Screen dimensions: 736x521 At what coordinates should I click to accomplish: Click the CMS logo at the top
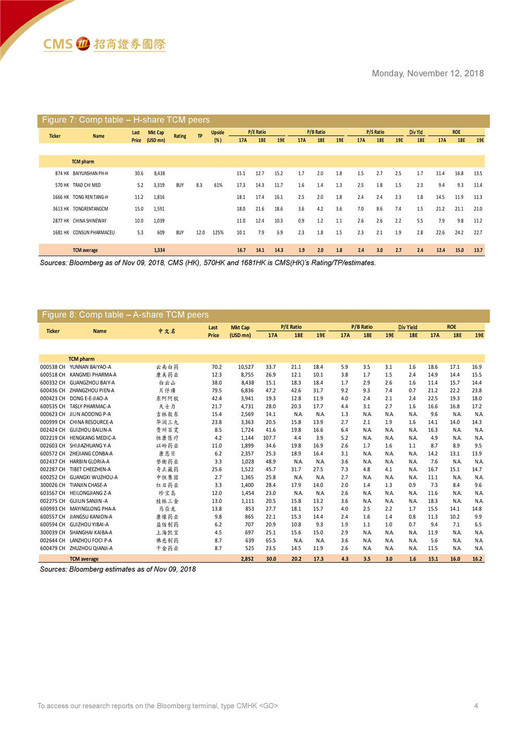pos(104,44)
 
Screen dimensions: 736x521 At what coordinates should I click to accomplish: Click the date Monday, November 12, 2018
pos(427,73)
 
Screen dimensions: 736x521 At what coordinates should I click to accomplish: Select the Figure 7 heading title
pos(126,120)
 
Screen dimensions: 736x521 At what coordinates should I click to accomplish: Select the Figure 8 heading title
pos(125,315)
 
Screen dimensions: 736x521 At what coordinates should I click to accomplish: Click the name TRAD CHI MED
pos(87,185)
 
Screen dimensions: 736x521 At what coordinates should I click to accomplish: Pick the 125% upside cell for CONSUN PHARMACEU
pos(218,232)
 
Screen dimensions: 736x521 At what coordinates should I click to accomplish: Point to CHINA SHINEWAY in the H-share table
pos(90,220)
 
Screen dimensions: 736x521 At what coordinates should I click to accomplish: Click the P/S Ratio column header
pos(375,132)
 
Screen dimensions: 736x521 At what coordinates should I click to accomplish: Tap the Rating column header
pos(180,136)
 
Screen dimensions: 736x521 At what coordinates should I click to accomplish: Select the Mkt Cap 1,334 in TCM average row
pos(159,250)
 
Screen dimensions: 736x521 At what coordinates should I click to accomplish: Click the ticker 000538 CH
pos(53,367)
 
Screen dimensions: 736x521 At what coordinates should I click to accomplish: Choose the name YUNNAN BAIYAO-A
pos(90,367)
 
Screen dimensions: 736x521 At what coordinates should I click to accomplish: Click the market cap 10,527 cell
pos(245,367)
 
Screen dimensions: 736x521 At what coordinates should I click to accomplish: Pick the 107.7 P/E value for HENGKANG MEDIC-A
pos(269,438)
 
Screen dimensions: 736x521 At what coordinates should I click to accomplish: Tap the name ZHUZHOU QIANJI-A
pos(91,548)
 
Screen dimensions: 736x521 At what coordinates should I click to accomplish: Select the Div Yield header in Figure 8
pos(408,327)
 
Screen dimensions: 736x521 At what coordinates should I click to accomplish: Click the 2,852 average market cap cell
pos(247,559)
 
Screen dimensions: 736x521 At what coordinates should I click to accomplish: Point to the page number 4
pos(476,706)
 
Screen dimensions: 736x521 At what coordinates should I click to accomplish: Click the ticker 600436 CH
pos(53,390)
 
